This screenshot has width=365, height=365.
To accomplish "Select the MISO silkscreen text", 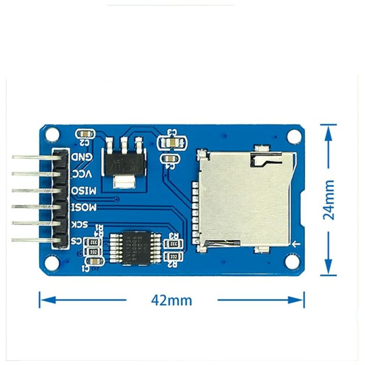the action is [x=83, y=190].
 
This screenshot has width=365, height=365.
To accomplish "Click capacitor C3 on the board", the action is [x=172, y=143].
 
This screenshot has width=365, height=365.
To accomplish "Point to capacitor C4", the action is [x=169, y=158].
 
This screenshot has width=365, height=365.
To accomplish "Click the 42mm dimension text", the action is [x=171, y=300].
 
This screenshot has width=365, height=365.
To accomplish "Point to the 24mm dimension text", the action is [x=328, y=199].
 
